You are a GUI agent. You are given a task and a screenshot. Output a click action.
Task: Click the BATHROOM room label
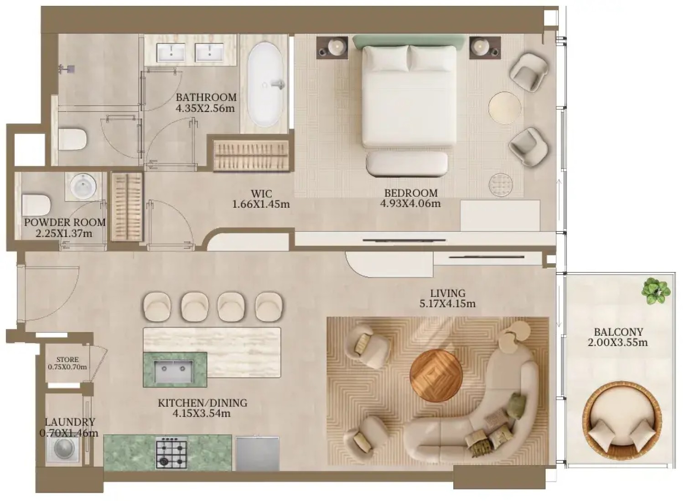206,97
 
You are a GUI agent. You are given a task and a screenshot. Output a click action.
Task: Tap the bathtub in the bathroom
266,85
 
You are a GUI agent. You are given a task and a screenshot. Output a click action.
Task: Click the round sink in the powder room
83,186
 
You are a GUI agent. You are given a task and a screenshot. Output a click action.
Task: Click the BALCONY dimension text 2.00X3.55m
618,343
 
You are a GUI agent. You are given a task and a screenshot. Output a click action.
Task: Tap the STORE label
67,359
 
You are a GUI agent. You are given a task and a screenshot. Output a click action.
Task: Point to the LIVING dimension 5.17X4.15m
448,304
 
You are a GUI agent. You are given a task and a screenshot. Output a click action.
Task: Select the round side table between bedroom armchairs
505,107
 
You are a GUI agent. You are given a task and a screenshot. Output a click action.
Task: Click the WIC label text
261,193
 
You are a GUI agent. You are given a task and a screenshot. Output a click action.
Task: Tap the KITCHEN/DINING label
202,403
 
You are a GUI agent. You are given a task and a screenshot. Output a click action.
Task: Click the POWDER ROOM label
65,222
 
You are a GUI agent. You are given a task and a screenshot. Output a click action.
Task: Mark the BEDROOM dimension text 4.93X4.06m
410,203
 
